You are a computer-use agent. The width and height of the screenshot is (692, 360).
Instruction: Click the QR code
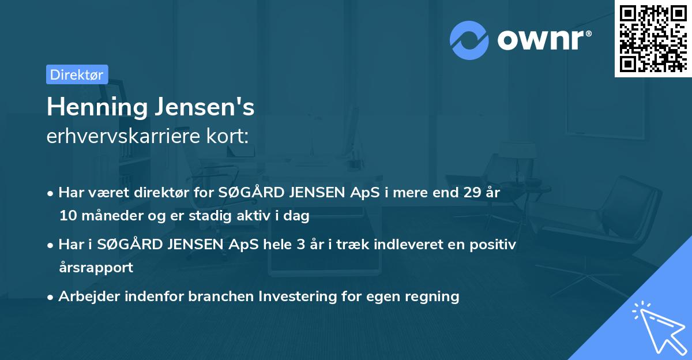pos(653,38)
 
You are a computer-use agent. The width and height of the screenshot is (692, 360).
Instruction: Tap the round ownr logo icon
pos(469,39)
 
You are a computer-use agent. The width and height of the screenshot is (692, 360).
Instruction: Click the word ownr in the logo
pos(543,40)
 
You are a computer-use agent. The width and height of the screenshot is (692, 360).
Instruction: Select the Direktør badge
pos(77,74)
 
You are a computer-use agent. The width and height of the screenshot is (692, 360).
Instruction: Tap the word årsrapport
pos(96,268)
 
